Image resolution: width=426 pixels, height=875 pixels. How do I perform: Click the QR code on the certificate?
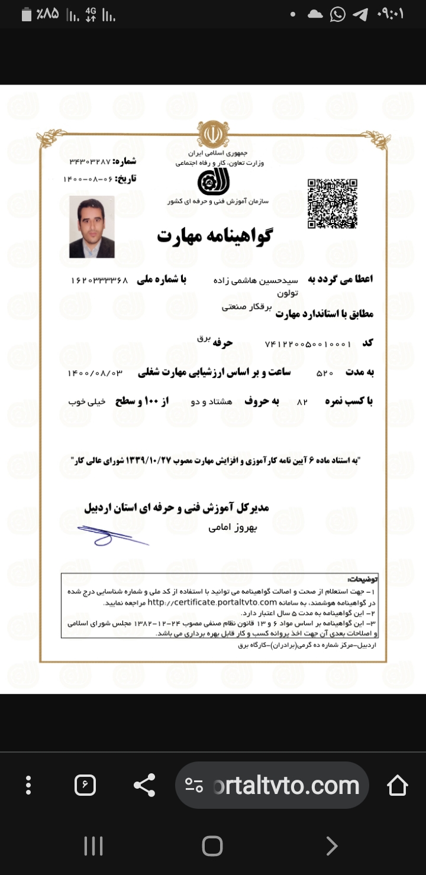332,203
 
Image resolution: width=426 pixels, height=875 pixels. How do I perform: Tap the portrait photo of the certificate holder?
92,227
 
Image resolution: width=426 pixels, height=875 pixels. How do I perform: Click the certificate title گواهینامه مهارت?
214,236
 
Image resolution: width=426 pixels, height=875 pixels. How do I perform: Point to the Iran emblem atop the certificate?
212,134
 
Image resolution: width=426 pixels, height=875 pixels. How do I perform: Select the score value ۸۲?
302,402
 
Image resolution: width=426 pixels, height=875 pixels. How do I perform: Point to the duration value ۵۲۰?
325,373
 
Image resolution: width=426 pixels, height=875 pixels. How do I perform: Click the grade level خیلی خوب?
87,402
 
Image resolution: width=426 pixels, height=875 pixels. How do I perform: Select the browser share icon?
144,785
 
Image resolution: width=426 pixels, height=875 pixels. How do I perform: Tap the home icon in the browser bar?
397,785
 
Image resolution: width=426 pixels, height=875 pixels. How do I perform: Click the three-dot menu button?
28,785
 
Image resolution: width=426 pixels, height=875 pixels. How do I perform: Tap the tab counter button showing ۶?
85,785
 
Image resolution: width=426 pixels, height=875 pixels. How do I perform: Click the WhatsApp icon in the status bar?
337,14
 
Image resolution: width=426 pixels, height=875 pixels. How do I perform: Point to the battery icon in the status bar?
26,14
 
